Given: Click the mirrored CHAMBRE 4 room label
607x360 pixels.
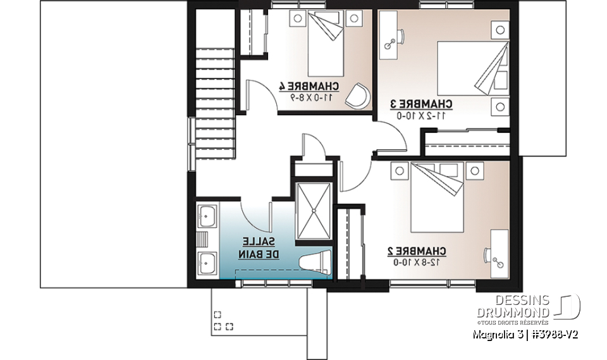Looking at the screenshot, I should click(x=309, y=86).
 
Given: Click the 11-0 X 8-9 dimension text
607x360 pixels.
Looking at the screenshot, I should click(x=310, y=97).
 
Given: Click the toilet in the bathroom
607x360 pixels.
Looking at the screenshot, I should click(x=314, y=262).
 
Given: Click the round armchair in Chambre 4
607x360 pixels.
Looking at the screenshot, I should click(x=359, y=96).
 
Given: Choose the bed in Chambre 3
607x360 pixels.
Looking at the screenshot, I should click(x=471, y=66).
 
